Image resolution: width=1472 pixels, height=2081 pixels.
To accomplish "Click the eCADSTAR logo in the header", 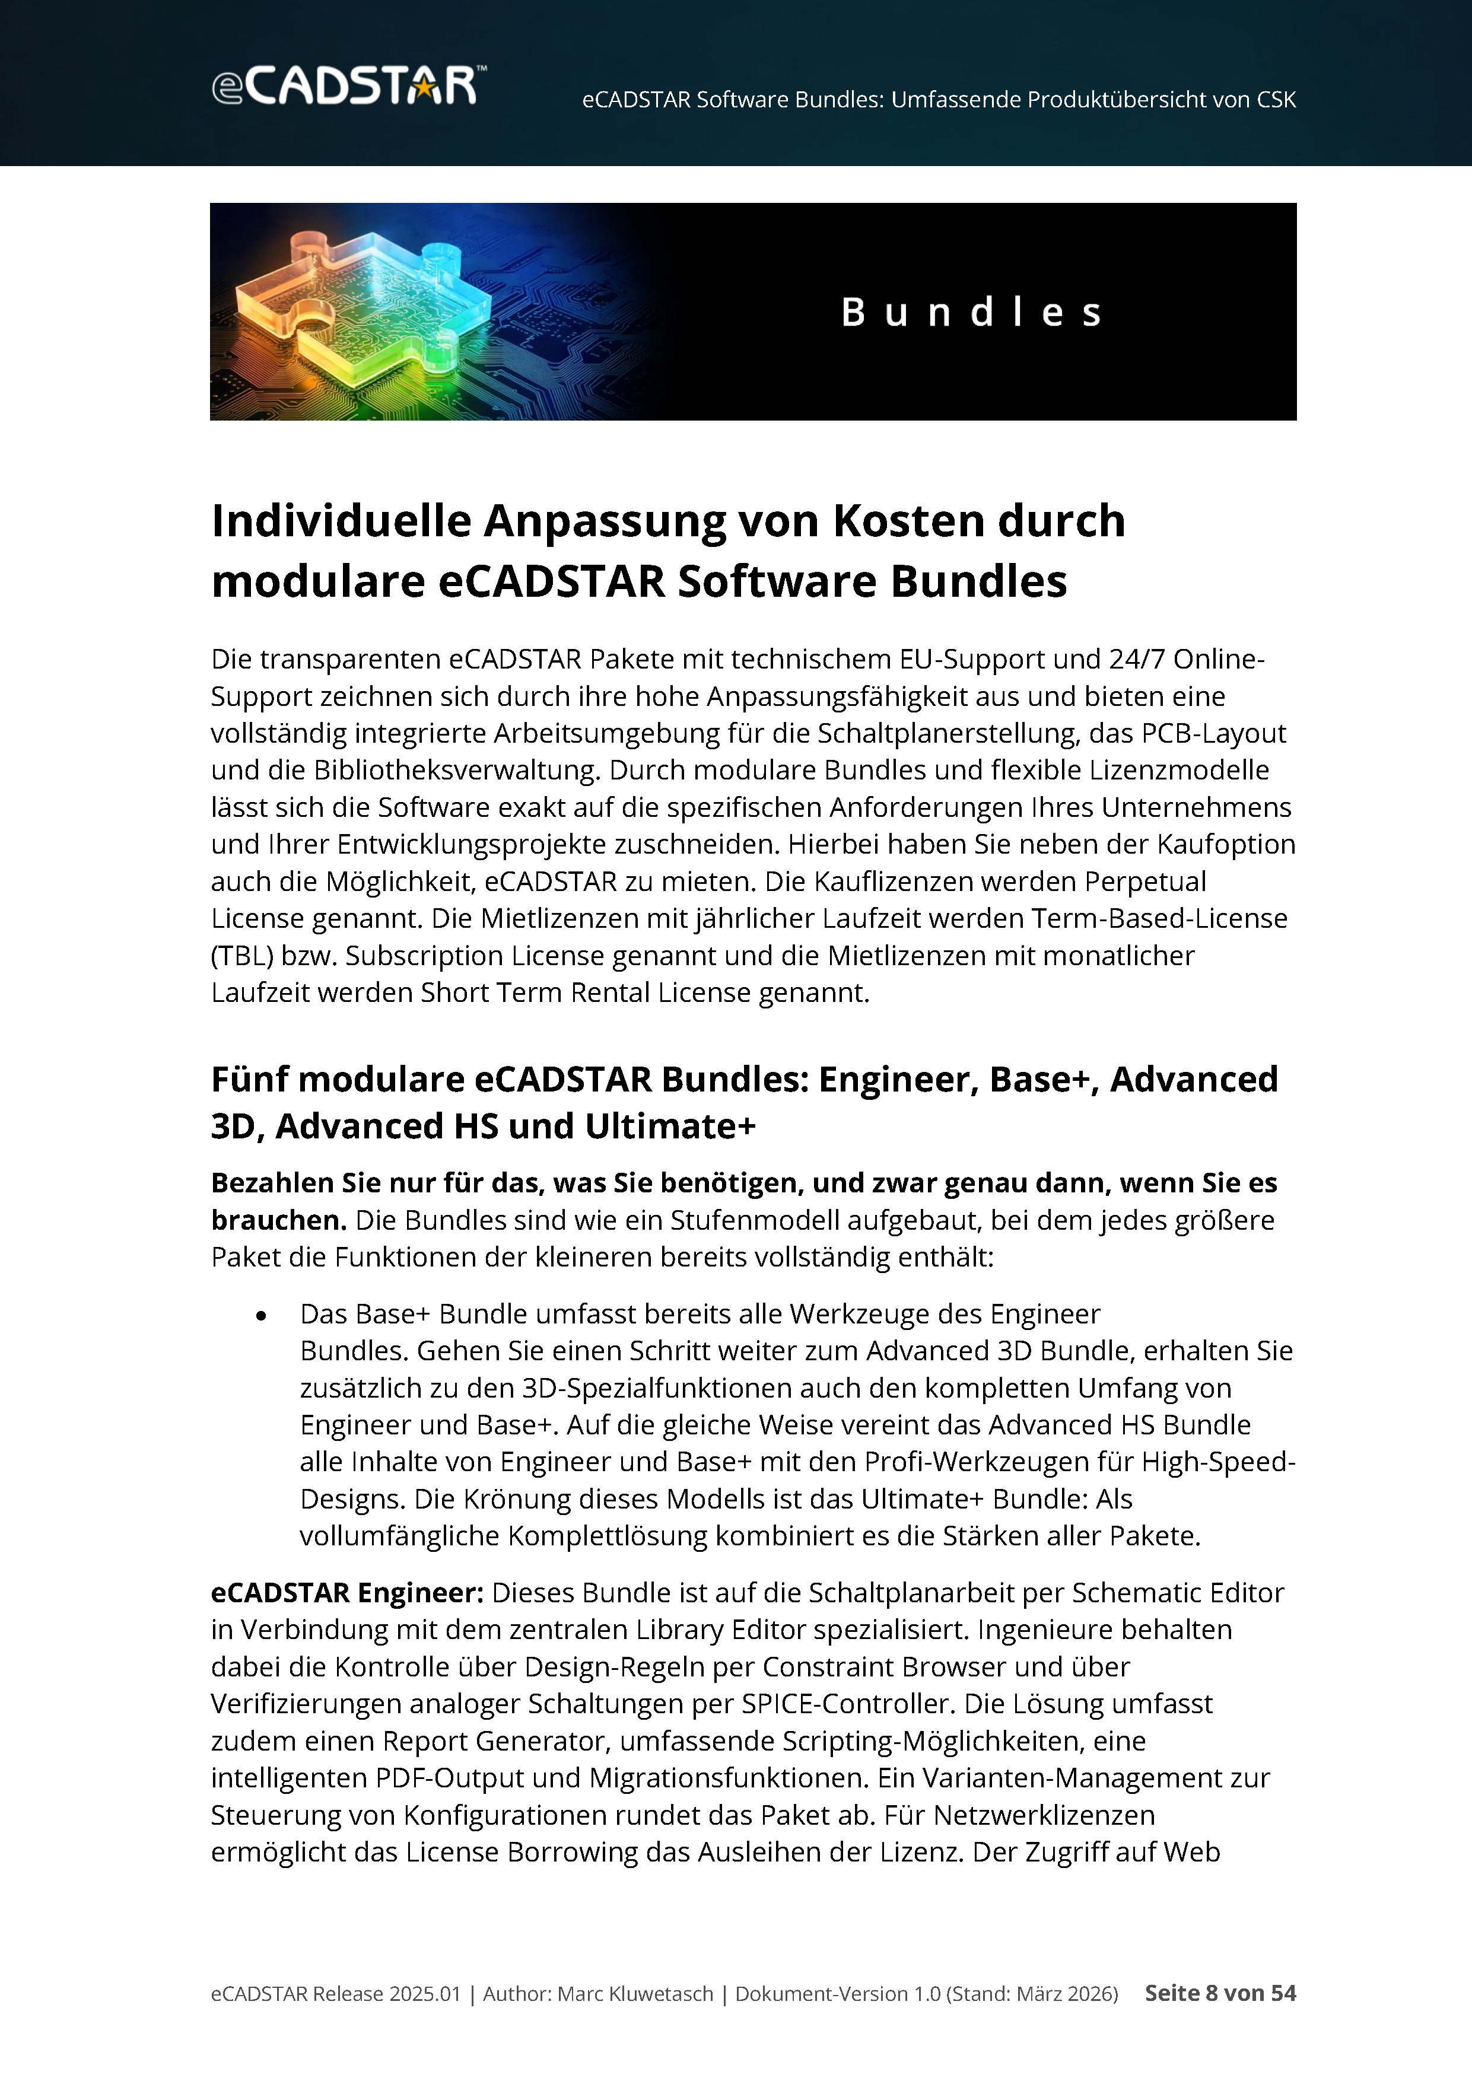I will [x=348, y=85].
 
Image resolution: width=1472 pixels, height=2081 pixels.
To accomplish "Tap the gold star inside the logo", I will [x=423, y=88].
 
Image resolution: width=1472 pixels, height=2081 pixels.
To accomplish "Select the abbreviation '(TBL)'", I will [x=242, y=956].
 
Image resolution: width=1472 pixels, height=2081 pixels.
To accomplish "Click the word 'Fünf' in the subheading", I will [x=249, y=1080].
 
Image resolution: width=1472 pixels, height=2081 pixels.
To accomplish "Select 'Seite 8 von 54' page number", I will [x=1220, y=1993].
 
